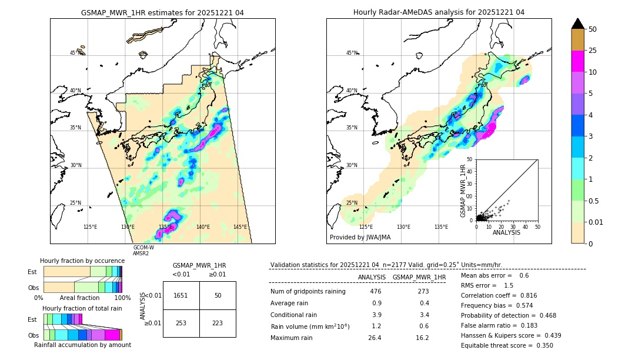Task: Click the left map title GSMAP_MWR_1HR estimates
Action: click(162, 12)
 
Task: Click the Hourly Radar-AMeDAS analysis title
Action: click(439, 12)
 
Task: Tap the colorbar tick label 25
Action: click(593, 51)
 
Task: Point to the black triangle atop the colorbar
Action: click(578, 24)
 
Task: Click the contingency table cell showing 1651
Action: click(181, 295)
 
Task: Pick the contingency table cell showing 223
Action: click(218, 323)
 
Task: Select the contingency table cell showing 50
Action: click(218, 295)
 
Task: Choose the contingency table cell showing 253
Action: click(181, 323)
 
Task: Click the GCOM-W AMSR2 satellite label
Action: click(143, 251)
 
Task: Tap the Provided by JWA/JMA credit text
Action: click(360, 238)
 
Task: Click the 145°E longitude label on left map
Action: click(240, 227)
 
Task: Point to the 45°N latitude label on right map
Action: click(352, 53)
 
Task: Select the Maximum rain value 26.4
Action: click(375, 338)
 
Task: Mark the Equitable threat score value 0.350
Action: click(541, 345)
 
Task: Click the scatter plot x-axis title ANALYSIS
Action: click(506, 232)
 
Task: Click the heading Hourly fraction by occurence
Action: click(82, 261)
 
